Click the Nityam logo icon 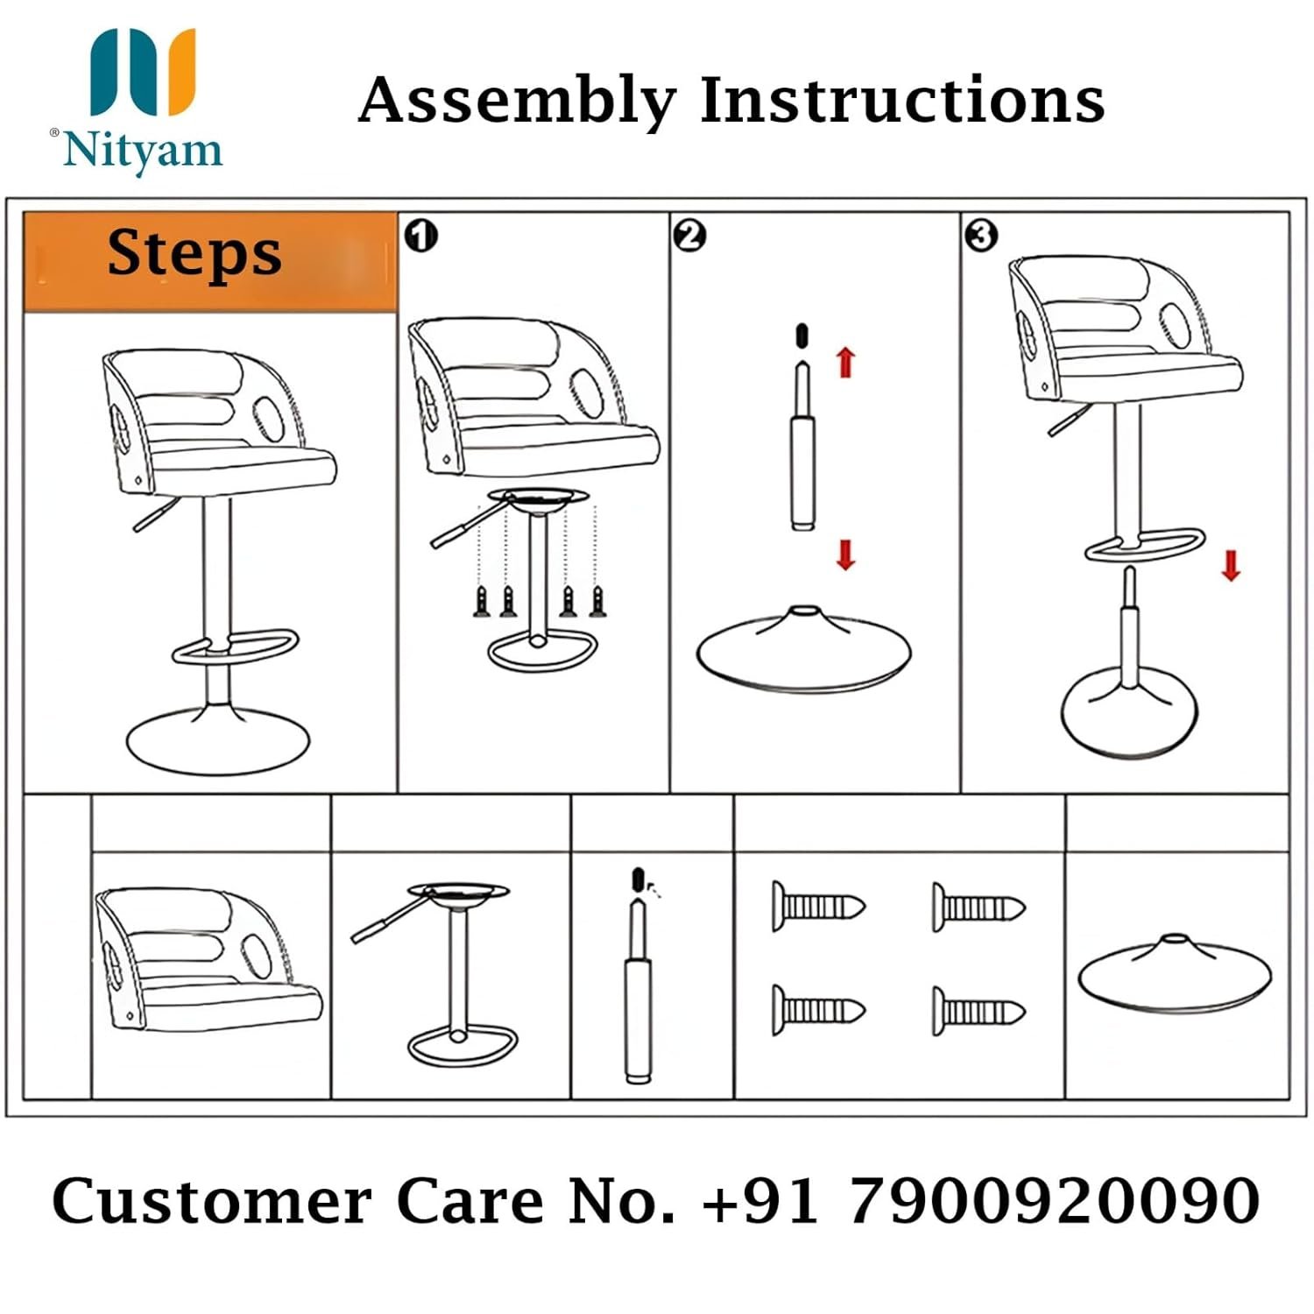pyautogui.click(x=143, y=72)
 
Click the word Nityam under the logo pyautogui.click(x=144, y=150)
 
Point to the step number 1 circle pyautogui.click(x=421, y=236)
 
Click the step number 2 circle pyautogui.click(x=690, y=236)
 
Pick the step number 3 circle pyautogui.click(x=980, y=235)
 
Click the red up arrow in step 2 pyautogui.click(x=845, y=361)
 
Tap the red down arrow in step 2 pyautogui.click(x=845, y=555)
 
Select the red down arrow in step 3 pyautogui.click(x=1231, y=565)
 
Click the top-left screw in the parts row pyautogui.click(x=818, y=906)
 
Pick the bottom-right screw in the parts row pyautogui.click(x=978, y=1011)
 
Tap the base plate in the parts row pyautogui.click(x=1174, y=973)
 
